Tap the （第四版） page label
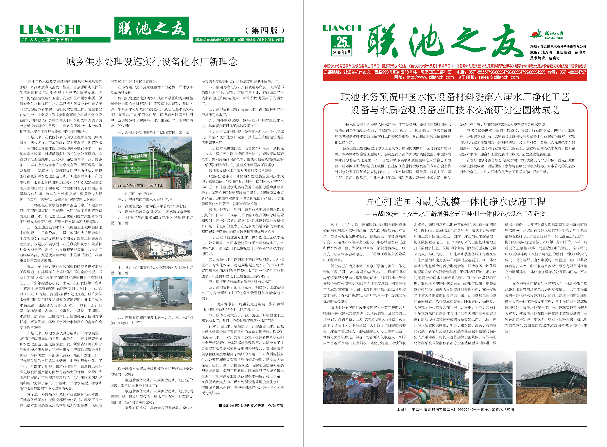pos(264,30)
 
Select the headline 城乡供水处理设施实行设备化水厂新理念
pos(152,62)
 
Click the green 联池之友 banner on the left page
pos(152,28)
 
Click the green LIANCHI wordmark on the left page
pos(50,30)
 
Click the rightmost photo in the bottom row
pos(552,377)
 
